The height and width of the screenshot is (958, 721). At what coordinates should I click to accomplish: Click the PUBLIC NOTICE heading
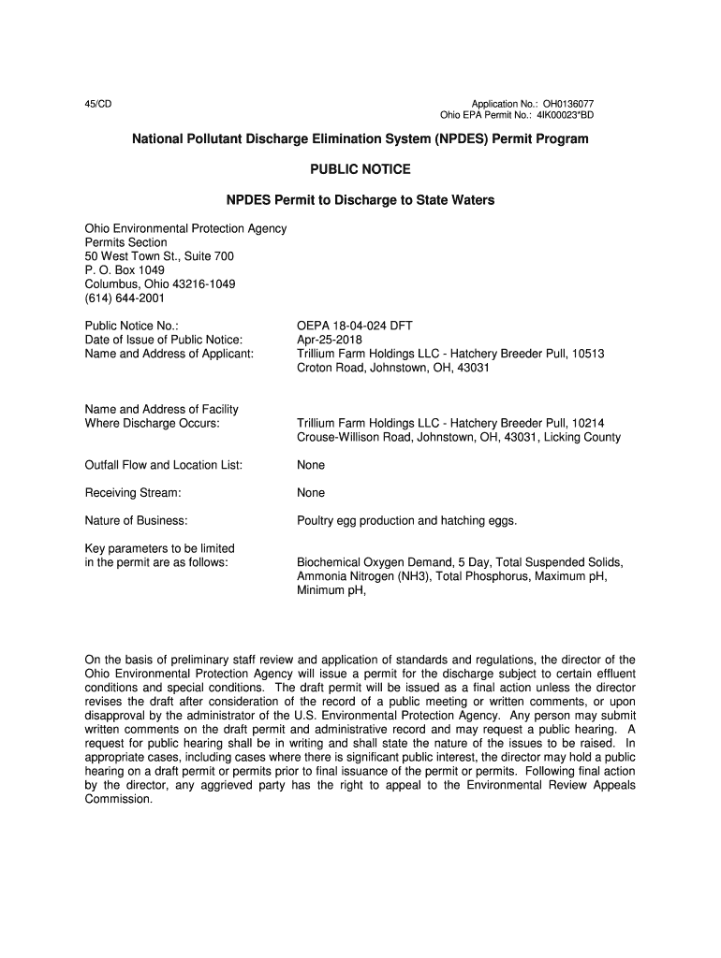pyautogui.click(x=360, y=169)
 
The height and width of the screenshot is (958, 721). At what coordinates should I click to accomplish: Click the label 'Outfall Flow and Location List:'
pyautogui.click(x=164, y=465)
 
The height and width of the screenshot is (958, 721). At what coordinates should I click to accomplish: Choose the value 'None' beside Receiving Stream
pyautogui.click(x=311, y=493)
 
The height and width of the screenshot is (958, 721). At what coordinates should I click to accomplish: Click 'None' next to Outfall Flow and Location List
pyautogui.click(x=311, y=465)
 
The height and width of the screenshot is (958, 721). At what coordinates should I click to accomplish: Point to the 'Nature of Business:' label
pyautogui.click(x=137, y=520)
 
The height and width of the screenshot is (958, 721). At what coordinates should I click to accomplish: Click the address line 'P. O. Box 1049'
pyautogui.click(x=125, y=270)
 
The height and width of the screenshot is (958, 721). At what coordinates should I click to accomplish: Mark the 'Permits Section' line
pyautogui.click(x=126, y=242)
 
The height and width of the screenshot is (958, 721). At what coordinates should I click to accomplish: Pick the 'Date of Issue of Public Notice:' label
pyautogui.click(x=164, y=340)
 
